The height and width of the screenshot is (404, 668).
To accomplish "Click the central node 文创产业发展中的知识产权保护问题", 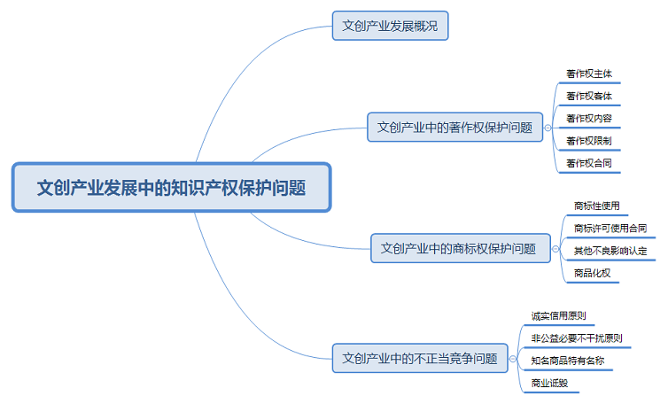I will pos(171,187).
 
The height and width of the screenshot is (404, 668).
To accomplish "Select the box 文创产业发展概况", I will pos(390,26).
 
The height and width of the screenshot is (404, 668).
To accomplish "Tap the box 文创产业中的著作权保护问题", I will pos(454,127).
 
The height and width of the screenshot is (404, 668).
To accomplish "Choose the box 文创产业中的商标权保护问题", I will pos(458,248).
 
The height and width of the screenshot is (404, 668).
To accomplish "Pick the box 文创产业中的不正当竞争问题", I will pos(420,359).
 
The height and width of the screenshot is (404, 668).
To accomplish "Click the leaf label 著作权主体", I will pos(588,73).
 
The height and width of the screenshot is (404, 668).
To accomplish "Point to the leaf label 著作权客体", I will pos(588,96).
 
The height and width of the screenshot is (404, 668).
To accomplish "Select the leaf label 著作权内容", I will pos(588,118).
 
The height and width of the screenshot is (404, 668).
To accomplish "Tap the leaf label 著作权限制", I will pos(588,141).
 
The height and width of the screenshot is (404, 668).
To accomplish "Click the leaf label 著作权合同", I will pos(588,164).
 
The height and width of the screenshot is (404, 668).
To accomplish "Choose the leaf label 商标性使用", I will pos(596,206).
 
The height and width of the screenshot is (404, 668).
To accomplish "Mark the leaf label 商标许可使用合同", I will pos(610,229).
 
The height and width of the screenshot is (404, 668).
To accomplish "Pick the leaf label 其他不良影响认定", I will pos(610,251).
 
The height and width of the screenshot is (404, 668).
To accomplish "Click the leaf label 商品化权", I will pos(592,273).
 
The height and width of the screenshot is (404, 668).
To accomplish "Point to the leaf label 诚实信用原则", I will pos(558,315).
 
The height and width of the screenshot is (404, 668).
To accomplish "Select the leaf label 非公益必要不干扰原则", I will pos(576,338).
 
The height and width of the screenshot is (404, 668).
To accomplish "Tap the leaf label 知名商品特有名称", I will pos(571,361).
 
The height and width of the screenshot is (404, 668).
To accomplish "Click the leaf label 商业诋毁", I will pos(549,383).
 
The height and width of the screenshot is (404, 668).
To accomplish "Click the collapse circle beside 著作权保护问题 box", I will pos(548,127).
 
